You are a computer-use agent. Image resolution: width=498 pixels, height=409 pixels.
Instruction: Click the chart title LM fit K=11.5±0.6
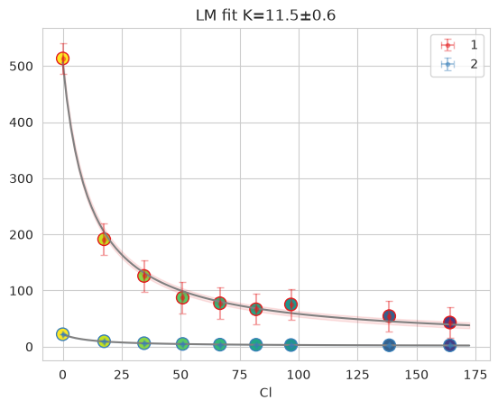coord(265,15)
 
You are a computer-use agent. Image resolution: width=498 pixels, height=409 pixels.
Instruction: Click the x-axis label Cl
coord(265,393)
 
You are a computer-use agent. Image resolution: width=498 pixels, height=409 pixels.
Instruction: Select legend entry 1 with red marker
coord(459,45)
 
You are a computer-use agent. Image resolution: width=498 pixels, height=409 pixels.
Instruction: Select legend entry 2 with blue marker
coord(459,64)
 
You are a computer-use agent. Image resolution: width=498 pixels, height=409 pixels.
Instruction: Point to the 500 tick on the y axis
coord(21,67)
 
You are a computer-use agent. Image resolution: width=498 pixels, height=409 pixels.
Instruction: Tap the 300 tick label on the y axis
coord(21,178)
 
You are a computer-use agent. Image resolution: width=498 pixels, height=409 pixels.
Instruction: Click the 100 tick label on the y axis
coord(21,291)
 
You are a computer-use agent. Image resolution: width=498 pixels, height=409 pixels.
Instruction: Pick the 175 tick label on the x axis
coord(475,375)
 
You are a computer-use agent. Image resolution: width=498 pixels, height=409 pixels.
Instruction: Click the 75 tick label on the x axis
coord(240,375)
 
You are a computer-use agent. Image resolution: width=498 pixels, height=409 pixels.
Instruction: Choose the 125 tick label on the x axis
coord(357,375)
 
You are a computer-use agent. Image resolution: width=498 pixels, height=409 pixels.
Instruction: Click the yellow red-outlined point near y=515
coord(63,59)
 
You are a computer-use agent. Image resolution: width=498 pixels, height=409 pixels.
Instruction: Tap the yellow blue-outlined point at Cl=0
coord(63,334)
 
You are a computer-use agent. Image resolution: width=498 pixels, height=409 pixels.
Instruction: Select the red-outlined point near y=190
coord(104,240)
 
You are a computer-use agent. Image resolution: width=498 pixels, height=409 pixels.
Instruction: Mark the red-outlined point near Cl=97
coord(290,304)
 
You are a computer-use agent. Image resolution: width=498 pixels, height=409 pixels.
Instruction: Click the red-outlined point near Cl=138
coord(389,316)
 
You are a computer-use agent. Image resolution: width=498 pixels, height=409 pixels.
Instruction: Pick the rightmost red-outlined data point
coord(449,323)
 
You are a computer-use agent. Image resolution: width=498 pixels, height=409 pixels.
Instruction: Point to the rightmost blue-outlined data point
coord(449,345)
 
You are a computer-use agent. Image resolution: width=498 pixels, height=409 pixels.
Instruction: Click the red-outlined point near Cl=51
coord(182,297)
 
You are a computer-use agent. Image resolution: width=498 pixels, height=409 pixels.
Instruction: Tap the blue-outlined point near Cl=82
coord(256,345)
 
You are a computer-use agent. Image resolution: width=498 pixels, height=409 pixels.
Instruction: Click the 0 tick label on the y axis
coord(29,348)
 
